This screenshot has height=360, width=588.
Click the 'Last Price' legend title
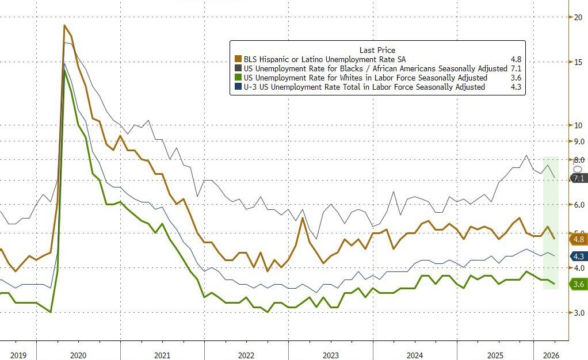point(377,50)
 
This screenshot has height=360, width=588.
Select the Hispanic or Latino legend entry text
point(324,59)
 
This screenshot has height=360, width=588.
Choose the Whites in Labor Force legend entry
point(365,78)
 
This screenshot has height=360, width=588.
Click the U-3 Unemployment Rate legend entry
point(364,87)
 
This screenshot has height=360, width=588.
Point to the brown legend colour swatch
point(238,59)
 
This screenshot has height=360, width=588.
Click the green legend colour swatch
point(238,78)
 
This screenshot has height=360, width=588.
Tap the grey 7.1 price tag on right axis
point(578,178)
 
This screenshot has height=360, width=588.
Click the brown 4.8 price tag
point(578,239)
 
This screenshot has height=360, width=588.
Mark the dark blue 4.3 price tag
point(578,256)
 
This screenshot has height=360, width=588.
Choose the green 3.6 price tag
point(578,284)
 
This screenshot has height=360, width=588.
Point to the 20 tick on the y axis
point(578,17)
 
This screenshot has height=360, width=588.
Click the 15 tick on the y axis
point(578,62)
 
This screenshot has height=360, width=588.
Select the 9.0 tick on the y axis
point(578,141)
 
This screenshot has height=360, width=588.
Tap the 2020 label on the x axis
point(78,355)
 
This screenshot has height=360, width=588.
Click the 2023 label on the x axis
point(330,355)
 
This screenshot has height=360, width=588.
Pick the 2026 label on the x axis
point(550,355)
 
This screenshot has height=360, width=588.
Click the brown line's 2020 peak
point(64,25)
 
